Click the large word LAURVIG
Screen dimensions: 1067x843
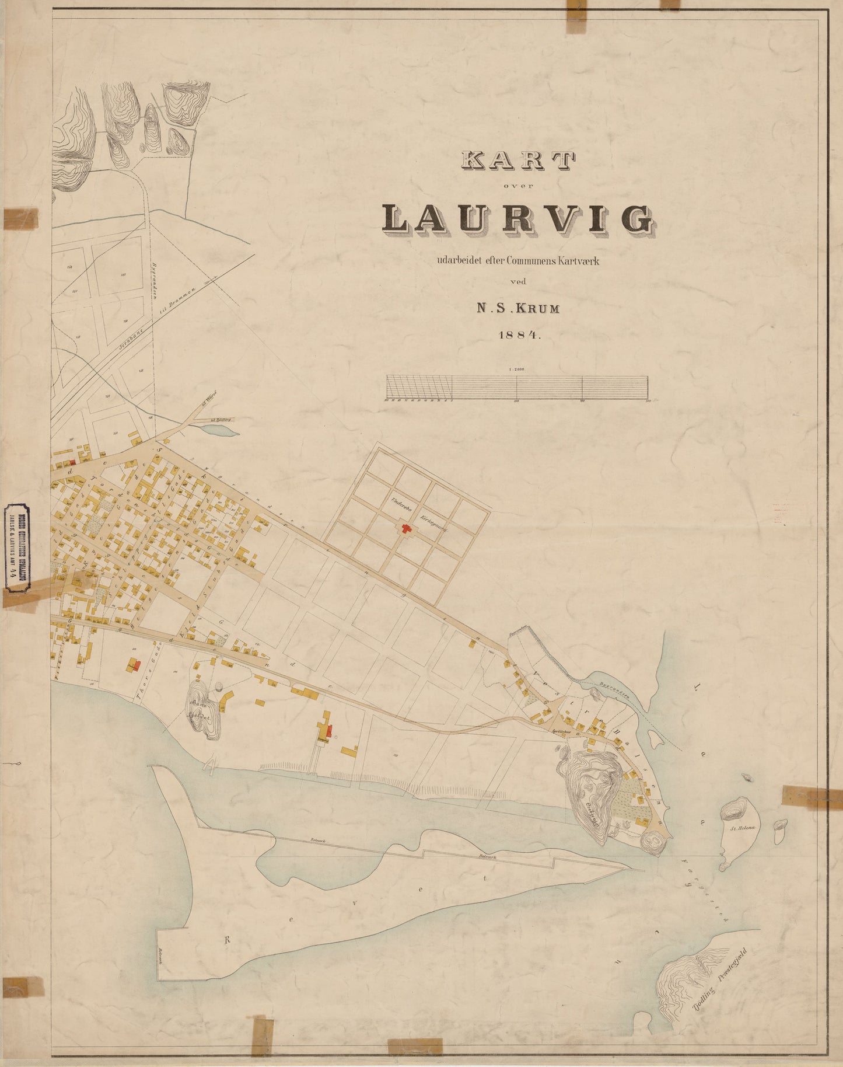518,219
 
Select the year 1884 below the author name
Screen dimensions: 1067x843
519,335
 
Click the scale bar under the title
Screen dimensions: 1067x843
517,388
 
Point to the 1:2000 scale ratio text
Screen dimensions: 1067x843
517,369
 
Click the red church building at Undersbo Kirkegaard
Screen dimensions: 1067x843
405,528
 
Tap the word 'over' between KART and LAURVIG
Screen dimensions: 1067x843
518,186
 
